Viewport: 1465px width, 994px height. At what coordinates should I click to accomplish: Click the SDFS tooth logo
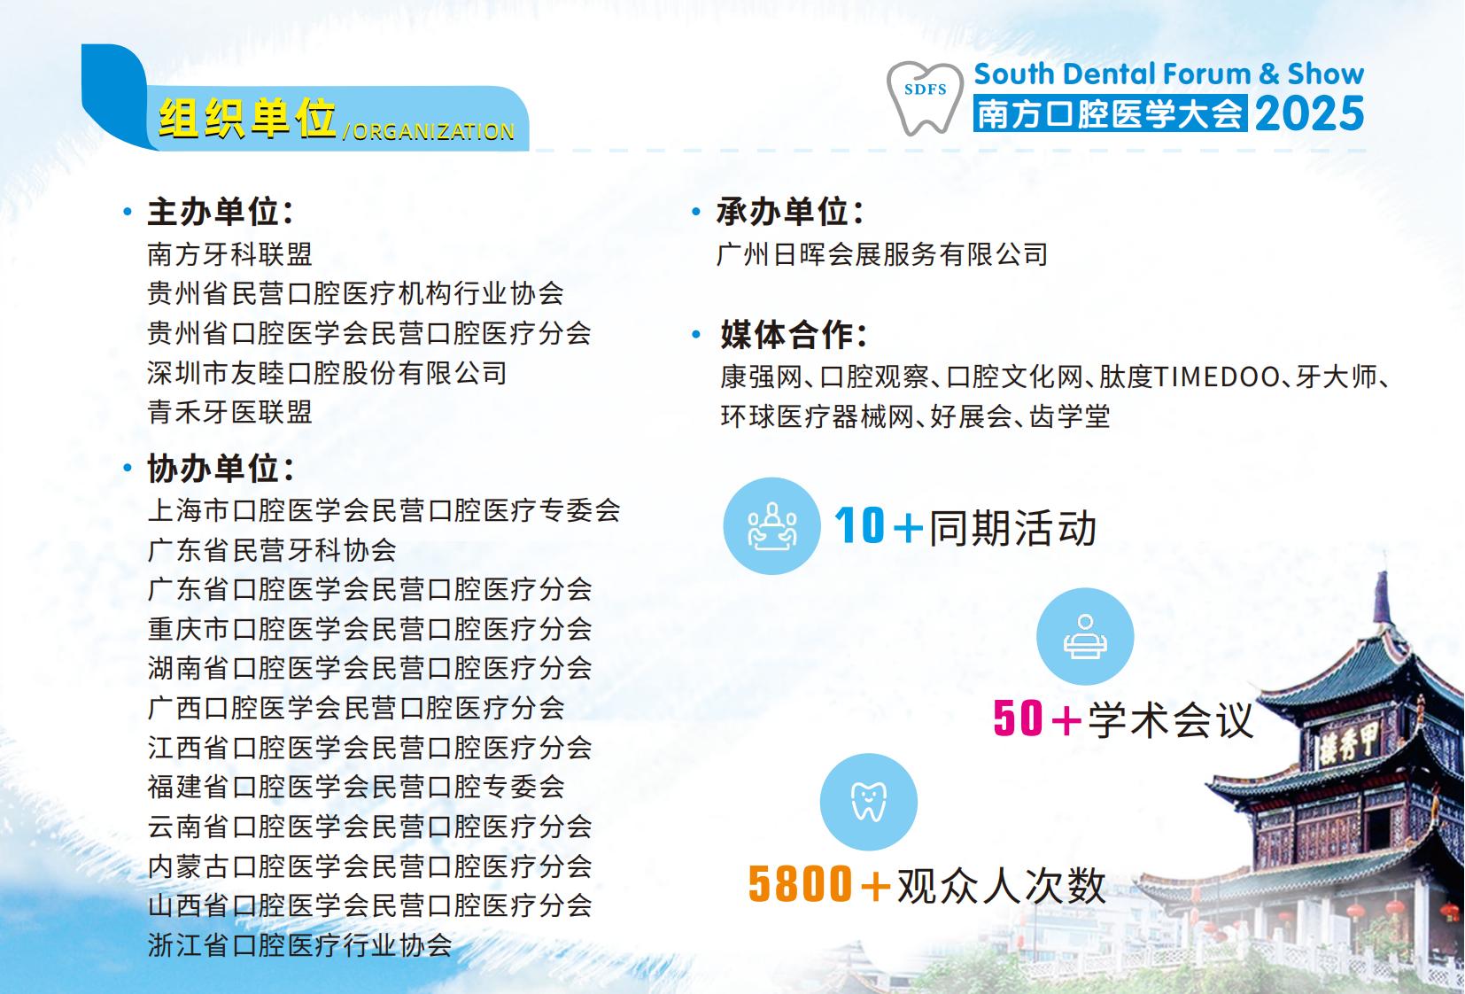925,98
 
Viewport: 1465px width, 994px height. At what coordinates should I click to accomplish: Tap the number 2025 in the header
1309,113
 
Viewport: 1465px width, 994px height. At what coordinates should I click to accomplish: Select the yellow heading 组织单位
247,119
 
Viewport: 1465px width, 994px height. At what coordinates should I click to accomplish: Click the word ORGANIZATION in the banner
433,132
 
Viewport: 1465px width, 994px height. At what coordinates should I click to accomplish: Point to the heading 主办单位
221,212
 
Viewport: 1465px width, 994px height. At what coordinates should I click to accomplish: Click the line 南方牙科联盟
229,254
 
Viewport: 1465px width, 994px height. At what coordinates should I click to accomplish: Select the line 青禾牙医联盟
229,412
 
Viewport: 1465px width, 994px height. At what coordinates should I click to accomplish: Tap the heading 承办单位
790,212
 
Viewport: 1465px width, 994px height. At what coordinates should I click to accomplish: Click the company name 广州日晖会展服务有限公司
882,254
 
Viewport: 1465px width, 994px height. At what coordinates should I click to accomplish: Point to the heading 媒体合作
794,335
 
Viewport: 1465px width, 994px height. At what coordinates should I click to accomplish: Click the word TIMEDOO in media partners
1217,377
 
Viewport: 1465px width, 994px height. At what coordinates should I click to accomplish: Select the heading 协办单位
221,469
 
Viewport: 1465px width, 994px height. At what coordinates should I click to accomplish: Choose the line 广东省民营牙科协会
271,550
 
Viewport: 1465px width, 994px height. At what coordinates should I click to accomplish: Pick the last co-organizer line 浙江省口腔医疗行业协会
299,945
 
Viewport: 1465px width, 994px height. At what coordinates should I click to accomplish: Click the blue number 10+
879,525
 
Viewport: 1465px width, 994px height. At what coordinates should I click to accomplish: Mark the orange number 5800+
819,884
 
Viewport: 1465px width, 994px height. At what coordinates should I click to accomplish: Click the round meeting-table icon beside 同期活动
771,525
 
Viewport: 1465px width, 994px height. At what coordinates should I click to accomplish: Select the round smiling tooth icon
869,802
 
